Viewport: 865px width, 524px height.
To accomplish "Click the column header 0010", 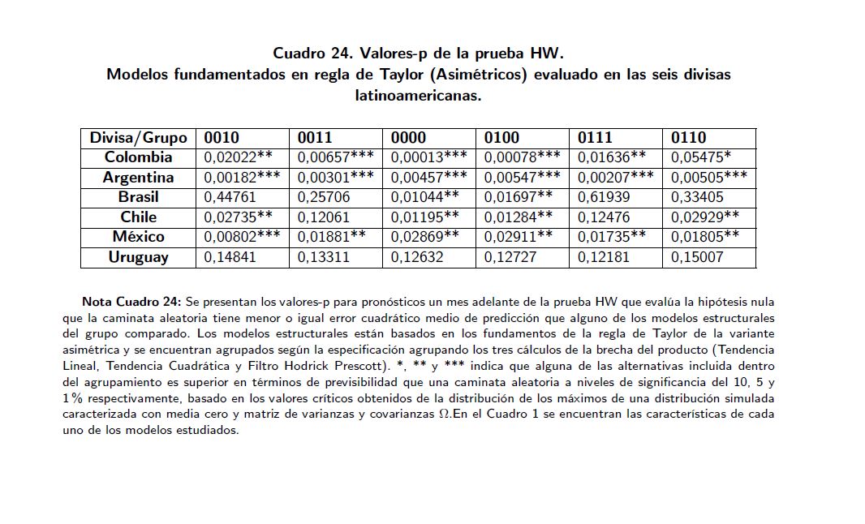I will tap(222, 138).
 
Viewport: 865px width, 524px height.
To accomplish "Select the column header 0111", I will tap(595, 138).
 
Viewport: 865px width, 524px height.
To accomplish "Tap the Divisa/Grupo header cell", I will tap(138, 138).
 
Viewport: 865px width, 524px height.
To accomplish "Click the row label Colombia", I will tap(138, 157).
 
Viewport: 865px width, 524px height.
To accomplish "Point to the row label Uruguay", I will tap(138, 257).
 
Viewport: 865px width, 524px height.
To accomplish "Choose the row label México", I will tap(138, 237).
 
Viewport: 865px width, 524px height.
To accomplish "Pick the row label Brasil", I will tap(138, 197).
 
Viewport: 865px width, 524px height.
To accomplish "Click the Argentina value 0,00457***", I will tap(428, 178).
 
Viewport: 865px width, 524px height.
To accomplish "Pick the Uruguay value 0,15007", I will tap(695, 257).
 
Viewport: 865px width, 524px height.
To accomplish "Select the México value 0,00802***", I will tap(242, 237).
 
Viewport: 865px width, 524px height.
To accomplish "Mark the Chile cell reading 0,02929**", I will tap(705, 217).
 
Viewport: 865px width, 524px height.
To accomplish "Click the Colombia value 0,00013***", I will tap(428, 157).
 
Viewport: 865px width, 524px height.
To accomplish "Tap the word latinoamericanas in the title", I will tap(418, 95).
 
